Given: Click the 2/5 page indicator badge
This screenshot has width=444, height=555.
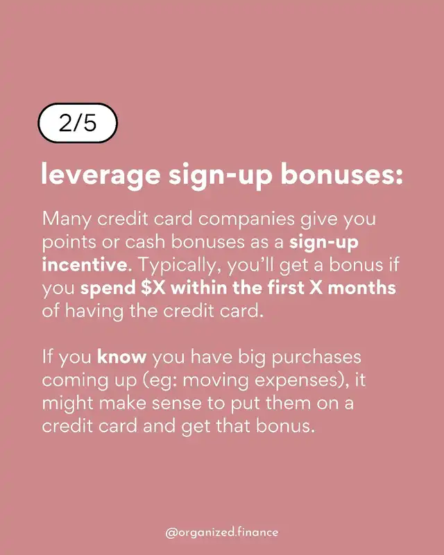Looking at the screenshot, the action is (x=78, y=123).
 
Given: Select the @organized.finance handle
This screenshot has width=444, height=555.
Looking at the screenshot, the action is (x=221, y=532).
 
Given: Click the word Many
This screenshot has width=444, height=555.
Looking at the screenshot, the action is (x=67, y=219).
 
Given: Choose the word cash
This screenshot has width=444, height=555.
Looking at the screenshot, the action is (x=145, y=242).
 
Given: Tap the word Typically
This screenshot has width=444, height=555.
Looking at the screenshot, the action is (x=181, y=266).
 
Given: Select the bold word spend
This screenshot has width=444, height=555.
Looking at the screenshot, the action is (x=108, y=289).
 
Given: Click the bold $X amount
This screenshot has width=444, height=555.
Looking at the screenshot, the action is (x=153, y=288).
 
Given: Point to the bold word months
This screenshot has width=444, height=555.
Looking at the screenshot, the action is (x=362, y=288).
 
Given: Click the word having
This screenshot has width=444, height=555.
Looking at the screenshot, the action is (x=94, y=311).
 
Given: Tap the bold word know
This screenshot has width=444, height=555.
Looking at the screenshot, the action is (x=121, y=357).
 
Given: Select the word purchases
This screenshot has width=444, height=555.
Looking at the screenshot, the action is (x=316, y=357).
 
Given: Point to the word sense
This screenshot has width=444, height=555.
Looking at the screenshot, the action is (x=177, y=404).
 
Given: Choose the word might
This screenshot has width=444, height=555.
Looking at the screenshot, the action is (x=67, y=404).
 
